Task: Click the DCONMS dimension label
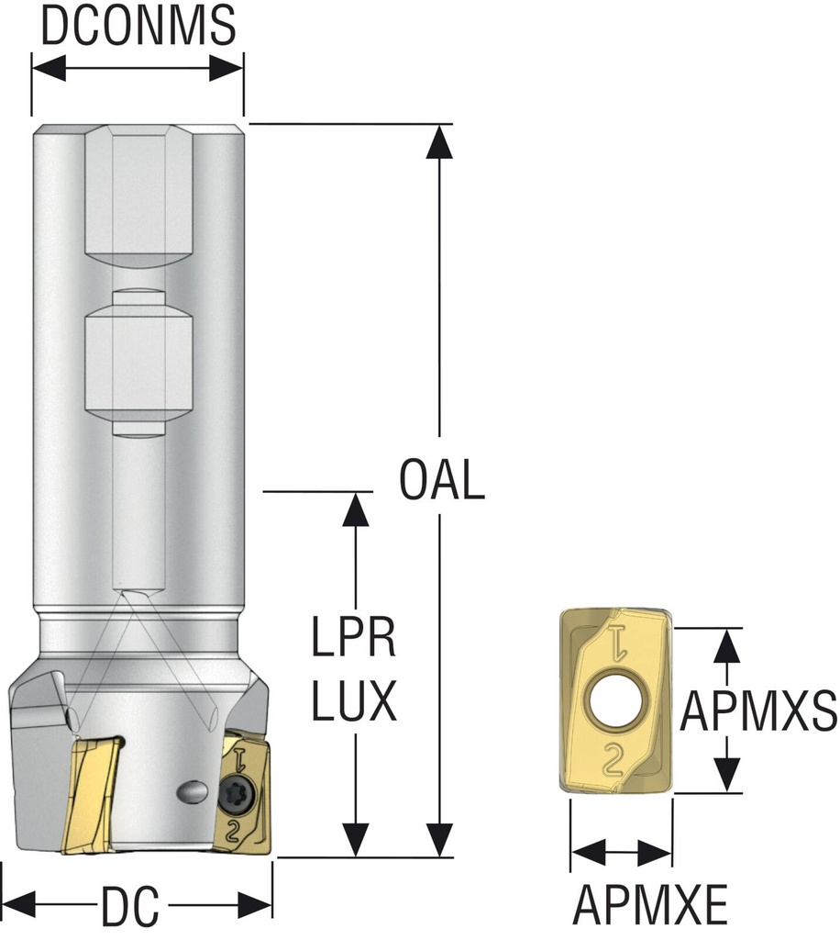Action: [x=138, y=28]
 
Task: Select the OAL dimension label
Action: [x=442, y=481]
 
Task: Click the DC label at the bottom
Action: [x=129, y=908]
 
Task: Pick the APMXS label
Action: [x=760, y=709]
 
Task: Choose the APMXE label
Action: [x=650, y=908]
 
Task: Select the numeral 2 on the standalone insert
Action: [x=613, y=758]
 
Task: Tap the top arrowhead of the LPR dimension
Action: [x=354, y=508]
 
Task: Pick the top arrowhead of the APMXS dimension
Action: [x=727, y=645]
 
